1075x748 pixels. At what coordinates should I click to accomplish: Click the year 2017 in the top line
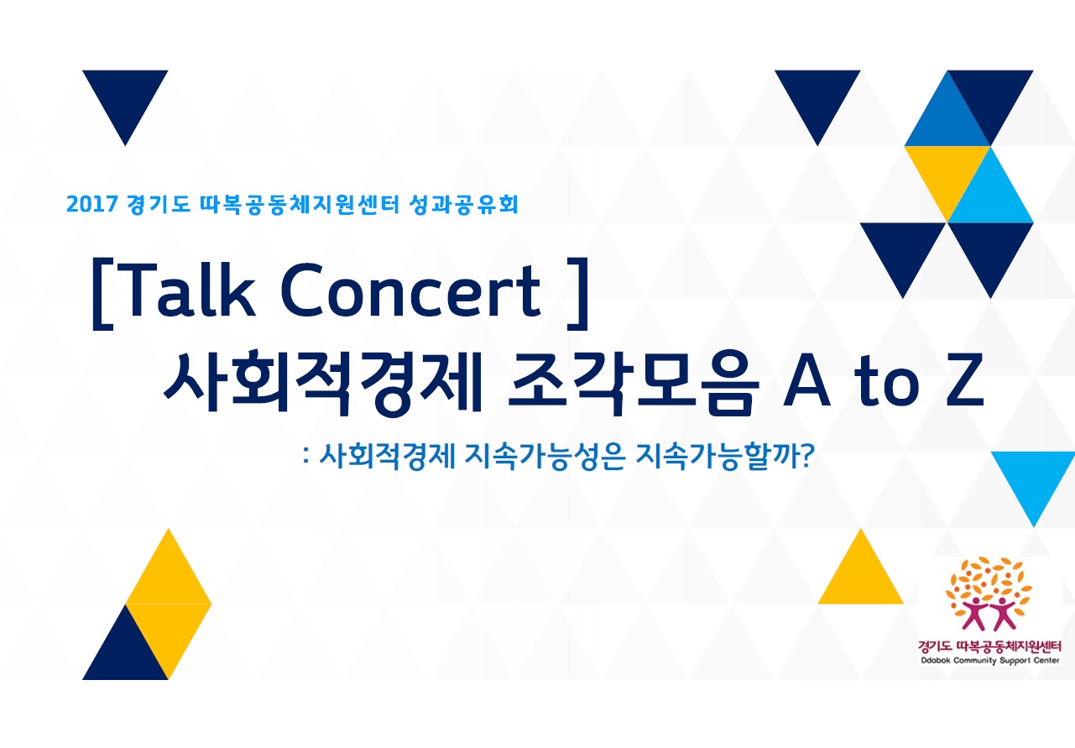tap(92, 204)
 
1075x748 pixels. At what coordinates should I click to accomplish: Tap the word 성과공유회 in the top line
tap(463, 204)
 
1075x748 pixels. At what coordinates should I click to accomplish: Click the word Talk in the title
tap(190, 290)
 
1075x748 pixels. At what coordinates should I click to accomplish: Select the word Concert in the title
tap(411, 291)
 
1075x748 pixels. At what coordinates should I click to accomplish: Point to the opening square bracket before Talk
tap(102, 294)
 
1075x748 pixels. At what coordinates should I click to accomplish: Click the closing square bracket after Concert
tap(578, 294)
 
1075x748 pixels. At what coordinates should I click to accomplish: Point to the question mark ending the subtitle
tap(807, 456)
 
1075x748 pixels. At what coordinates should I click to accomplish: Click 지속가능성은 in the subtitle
tap(545, 456)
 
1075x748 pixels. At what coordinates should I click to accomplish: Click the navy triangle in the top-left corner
tap(125, 96)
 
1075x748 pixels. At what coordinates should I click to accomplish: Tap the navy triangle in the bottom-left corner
tap(125, 654)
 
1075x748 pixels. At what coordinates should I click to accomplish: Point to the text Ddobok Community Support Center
tap(990, 660)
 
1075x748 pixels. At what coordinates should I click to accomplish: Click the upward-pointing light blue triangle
tap(990, 196)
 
